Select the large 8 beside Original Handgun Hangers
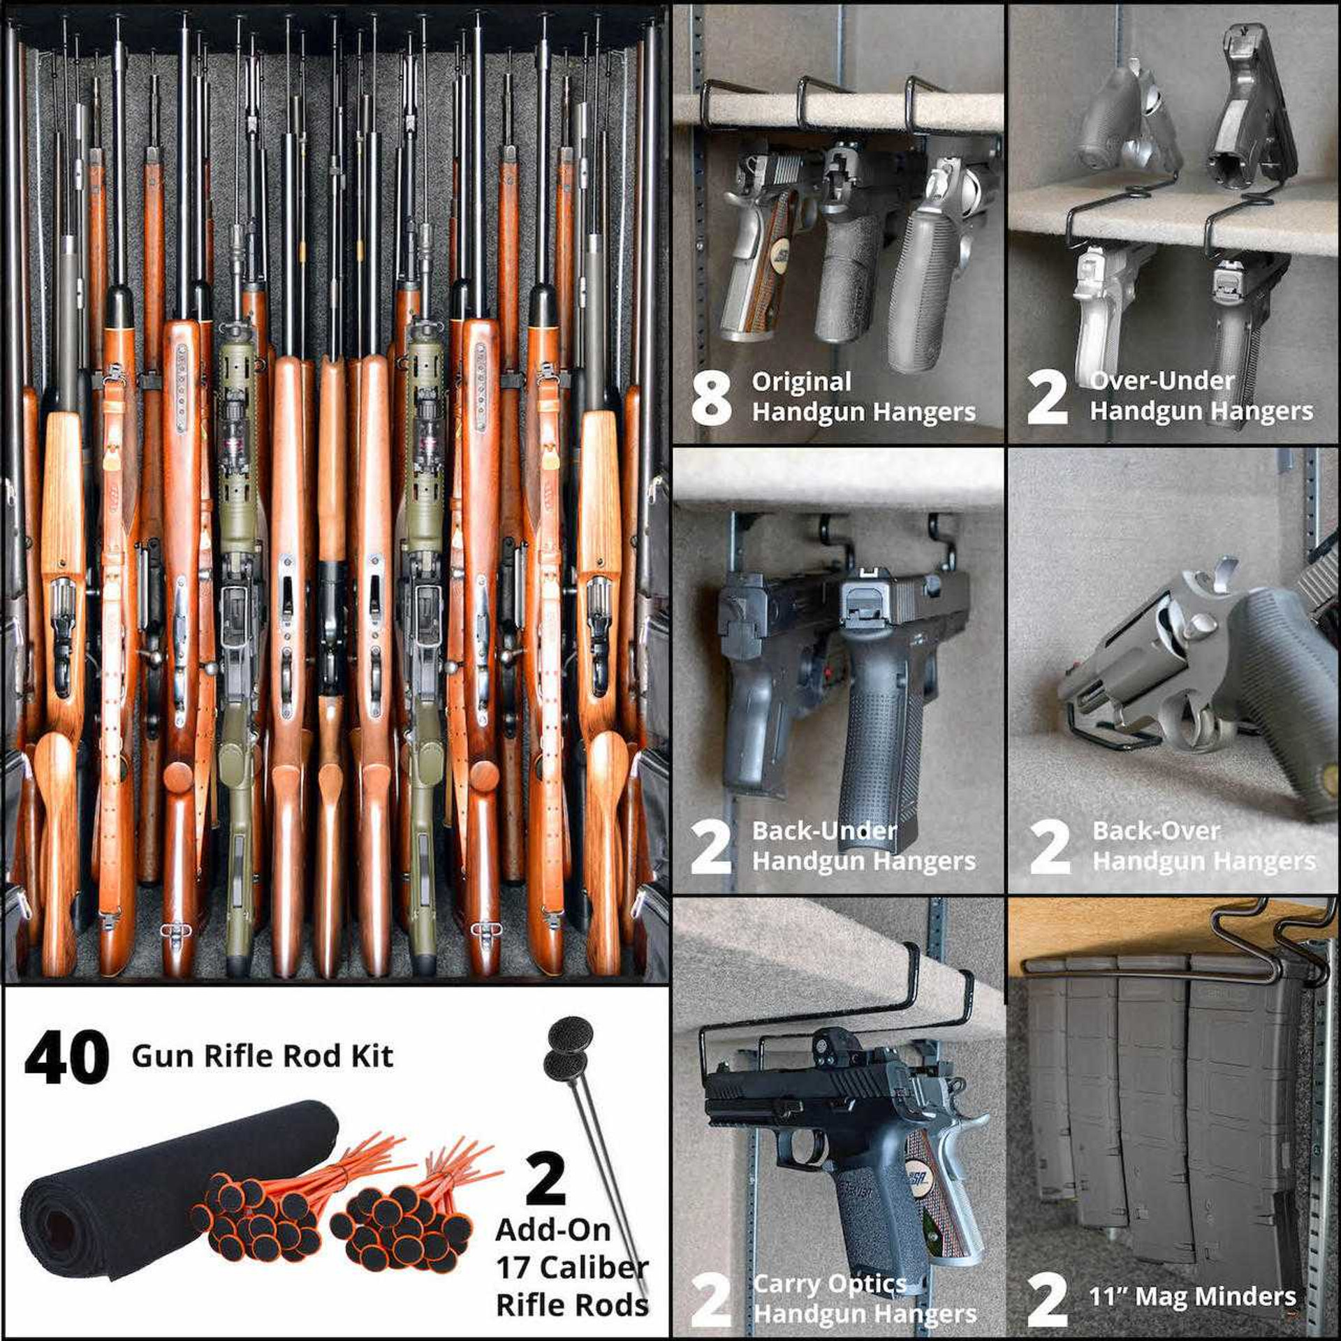click(711, 398)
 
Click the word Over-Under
click(1162, 381)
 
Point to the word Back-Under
click(824, 830)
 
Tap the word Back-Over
click(1156, 830)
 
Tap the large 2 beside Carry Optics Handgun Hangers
click(710, 1299)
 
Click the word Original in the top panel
click(801, 382)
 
